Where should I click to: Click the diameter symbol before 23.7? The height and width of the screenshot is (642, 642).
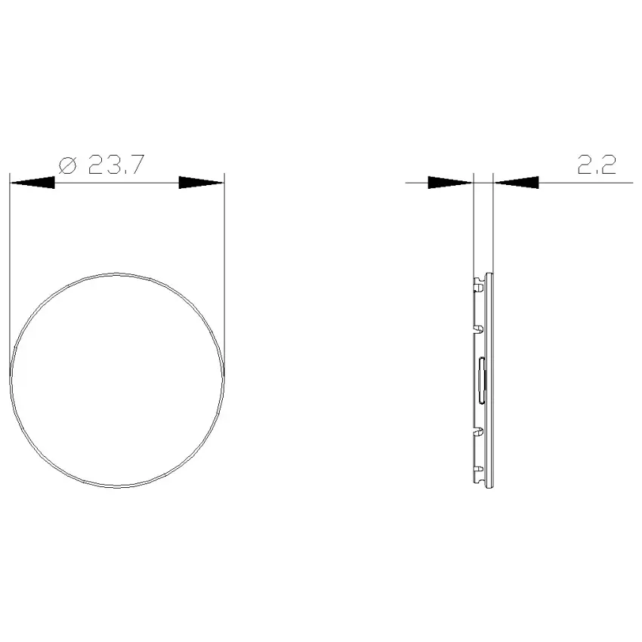(67, 165)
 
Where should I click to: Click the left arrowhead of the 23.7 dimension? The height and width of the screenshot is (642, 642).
(32, 183)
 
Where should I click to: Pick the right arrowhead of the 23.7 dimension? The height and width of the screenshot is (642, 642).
(202, 183)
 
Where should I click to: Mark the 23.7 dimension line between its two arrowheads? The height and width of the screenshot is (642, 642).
(116, 183)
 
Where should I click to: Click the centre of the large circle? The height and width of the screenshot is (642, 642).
(117, 380)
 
